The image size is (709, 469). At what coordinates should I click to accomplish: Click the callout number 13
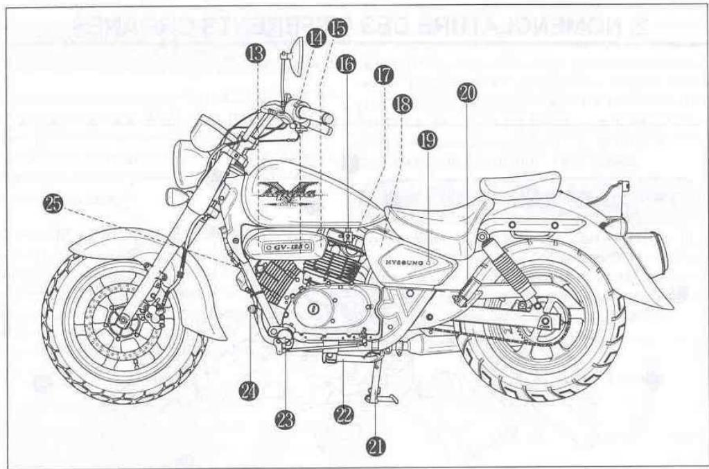click(x=256, y=52)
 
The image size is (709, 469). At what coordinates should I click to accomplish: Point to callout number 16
click(x=346, y=64)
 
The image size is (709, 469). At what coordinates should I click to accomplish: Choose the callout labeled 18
click(x=401, y=104)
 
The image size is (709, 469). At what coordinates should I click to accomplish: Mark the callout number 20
click(x=467, y=94)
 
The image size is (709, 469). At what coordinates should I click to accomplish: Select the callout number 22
click(x=343, y=414)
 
